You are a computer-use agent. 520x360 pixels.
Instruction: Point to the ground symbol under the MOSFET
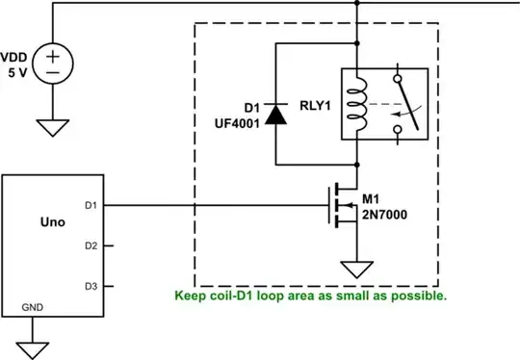click(x=357, y=270)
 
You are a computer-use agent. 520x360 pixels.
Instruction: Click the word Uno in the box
click(x=54, y=222)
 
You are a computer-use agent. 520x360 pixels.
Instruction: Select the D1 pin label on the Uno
click(x=91, y=205)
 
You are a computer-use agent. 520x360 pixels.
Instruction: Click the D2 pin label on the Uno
click(x=91, y=246)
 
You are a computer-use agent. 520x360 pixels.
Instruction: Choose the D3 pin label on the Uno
click(x=91, y=286)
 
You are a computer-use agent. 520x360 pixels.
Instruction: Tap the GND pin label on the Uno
click(x=32, y=310)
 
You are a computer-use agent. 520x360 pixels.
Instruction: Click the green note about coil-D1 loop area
click(x=310, y=296)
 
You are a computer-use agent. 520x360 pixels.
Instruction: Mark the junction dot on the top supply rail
click(x=357, y=3)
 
